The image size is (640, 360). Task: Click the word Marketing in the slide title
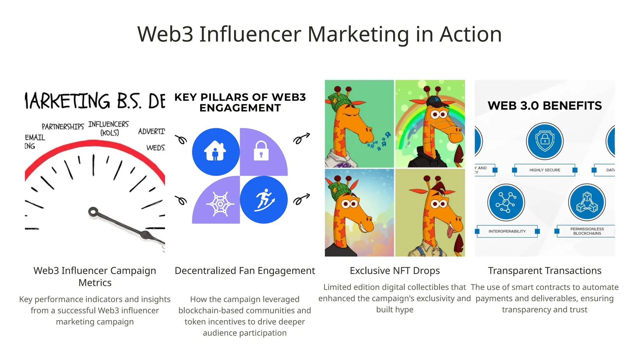358,34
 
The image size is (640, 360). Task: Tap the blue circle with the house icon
216,152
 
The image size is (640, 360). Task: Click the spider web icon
220,204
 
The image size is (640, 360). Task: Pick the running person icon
264,200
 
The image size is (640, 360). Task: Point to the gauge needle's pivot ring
93,212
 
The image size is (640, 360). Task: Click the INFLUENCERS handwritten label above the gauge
108,125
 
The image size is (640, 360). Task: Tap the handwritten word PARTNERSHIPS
63,127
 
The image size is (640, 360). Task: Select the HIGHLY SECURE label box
545,170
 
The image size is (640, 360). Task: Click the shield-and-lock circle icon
545,141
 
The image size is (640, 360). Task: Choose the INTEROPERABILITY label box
507,231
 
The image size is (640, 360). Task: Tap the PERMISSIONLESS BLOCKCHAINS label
587,231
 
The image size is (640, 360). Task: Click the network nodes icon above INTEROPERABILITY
506,202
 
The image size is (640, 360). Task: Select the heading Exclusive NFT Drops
395,271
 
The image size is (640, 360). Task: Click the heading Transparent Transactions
545,271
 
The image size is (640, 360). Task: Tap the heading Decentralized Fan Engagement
245,271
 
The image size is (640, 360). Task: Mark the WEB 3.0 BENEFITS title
545,106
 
